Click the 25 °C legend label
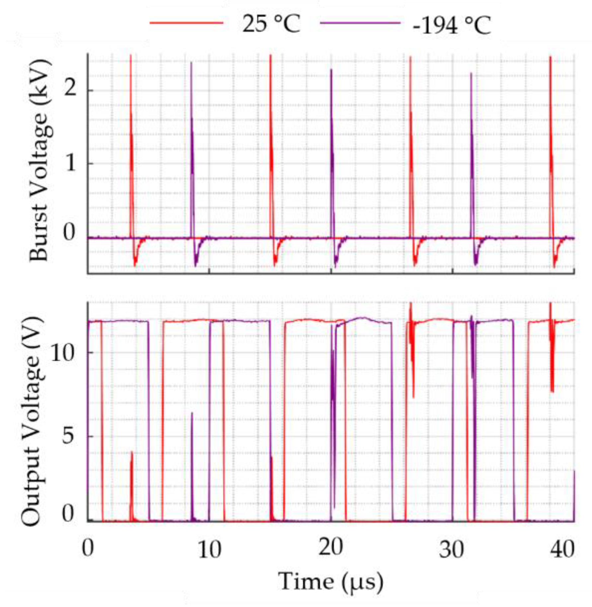271,24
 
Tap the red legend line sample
186,23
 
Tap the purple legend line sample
360,23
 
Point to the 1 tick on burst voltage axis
70,163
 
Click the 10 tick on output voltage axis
62,353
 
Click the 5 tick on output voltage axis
67,436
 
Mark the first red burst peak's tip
131,55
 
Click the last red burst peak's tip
551,57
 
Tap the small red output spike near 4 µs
132,452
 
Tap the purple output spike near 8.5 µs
192,413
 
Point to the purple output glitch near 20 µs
333,382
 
